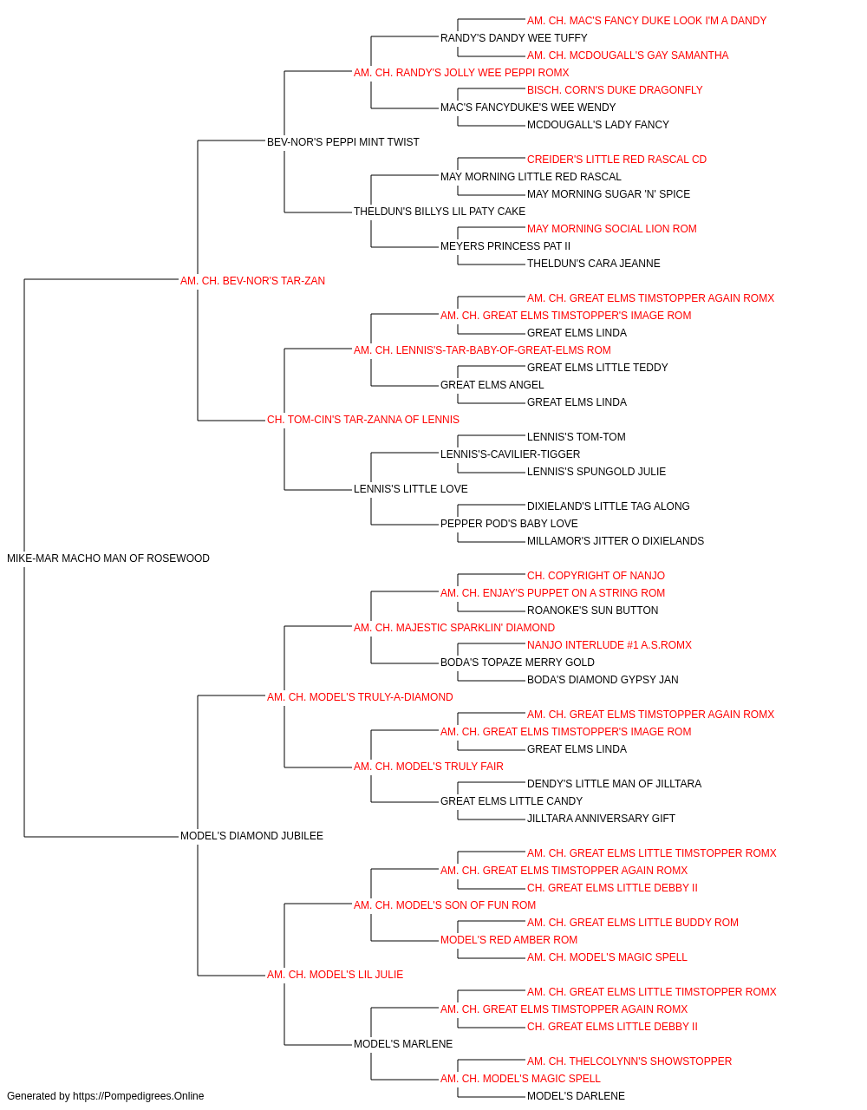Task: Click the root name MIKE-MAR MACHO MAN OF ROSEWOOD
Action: coord(108,558)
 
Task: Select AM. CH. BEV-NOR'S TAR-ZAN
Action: coord(252,281)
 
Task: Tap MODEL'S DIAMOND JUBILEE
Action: coord(251,836)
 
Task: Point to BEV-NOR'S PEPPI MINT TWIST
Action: coord(342,142)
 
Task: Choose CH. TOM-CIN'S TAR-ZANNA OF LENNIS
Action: coord(363,420)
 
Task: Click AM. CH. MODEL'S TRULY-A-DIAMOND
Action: coord(360,697)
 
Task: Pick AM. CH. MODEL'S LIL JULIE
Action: coord(335,975)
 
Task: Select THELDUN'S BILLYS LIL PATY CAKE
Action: coord(439,212)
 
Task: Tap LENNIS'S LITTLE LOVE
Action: coord(410,489)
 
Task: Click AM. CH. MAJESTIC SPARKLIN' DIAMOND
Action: coord(454,628)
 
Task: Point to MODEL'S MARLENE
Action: coord(403,1044)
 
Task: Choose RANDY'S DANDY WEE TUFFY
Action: coord(513,38)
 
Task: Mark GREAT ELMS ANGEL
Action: coord(492,385)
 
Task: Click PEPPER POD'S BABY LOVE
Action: coord(509,524)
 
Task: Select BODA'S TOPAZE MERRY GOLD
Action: coord(518,663)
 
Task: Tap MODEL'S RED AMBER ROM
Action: coord(509,940)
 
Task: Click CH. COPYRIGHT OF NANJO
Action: coord(596,576)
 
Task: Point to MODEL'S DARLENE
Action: coord(576,1096)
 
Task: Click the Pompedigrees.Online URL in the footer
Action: coord(138,1096)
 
